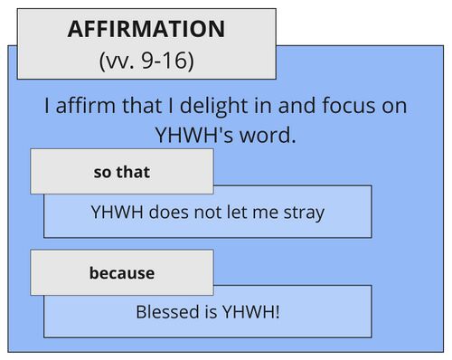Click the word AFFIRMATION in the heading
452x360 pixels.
pos(146,29)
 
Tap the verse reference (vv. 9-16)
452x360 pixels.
pos(146,62)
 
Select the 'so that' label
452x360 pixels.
pos(121,172)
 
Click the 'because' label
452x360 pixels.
pos(121,272)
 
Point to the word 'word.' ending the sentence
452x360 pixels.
pos(271,134)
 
